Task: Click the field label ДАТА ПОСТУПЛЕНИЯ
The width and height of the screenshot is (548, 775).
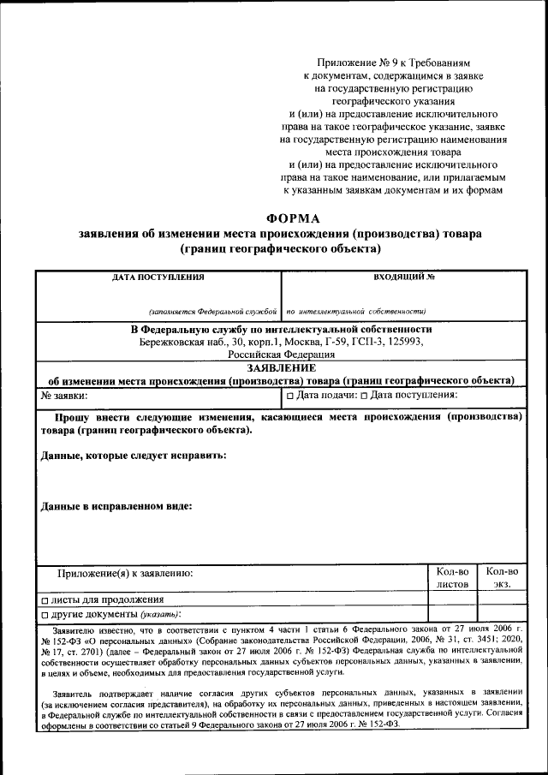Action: point(158,277)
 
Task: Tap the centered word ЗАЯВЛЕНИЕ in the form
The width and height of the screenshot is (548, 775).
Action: point(281,367)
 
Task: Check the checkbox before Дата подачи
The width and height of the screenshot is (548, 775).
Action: point(290,396)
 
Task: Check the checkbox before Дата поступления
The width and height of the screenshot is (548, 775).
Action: point(365,396)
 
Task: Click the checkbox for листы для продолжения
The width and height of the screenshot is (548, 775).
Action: point(45,600)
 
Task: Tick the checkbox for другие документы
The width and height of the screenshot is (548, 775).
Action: point(45,615)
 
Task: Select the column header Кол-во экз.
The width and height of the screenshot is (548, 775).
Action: point(501,577)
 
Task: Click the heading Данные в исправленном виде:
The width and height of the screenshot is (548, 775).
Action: point(116,505)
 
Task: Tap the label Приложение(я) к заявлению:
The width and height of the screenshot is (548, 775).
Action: point(125,572)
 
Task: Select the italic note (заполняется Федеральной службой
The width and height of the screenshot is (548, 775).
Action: point(213,312)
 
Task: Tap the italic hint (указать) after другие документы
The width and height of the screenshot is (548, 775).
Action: point(160,615)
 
